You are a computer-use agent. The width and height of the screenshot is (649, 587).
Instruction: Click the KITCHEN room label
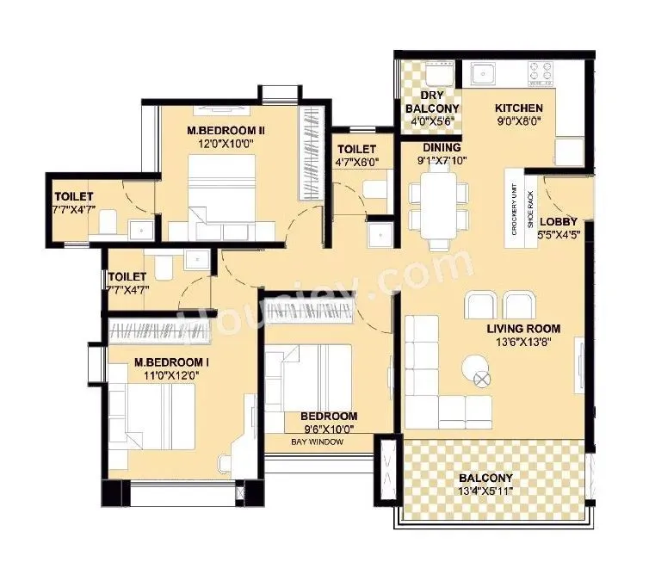pos(518,108)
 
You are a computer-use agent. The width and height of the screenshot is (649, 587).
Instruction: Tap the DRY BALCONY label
pos(432,102)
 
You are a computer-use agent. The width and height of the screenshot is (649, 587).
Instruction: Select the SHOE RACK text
pos(530,209)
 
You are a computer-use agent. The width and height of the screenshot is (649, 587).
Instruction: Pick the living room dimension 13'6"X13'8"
pos(523,343)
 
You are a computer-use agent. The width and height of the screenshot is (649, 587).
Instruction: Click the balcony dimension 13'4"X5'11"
pos(485,492)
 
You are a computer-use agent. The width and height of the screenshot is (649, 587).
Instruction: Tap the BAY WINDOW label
pos(317,442)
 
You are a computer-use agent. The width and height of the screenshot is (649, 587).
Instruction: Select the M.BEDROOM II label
pos(226,131)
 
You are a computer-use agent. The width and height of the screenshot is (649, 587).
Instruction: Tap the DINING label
pos(441,147)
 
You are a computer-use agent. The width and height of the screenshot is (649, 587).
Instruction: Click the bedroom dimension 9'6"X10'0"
pos(328,429)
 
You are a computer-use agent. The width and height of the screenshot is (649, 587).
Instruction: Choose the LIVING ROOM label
pos(523,329)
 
